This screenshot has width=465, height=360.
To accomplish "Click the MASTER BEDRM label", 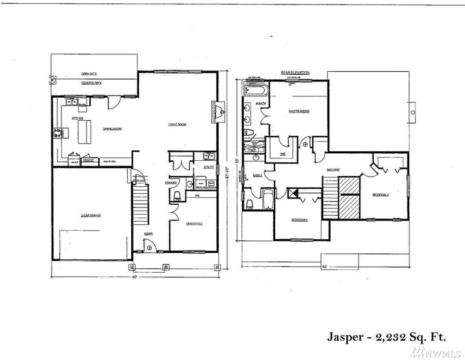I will click(299, 112).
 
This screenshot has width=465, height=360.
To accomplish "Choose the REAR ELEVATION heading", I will click(295, 72).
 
